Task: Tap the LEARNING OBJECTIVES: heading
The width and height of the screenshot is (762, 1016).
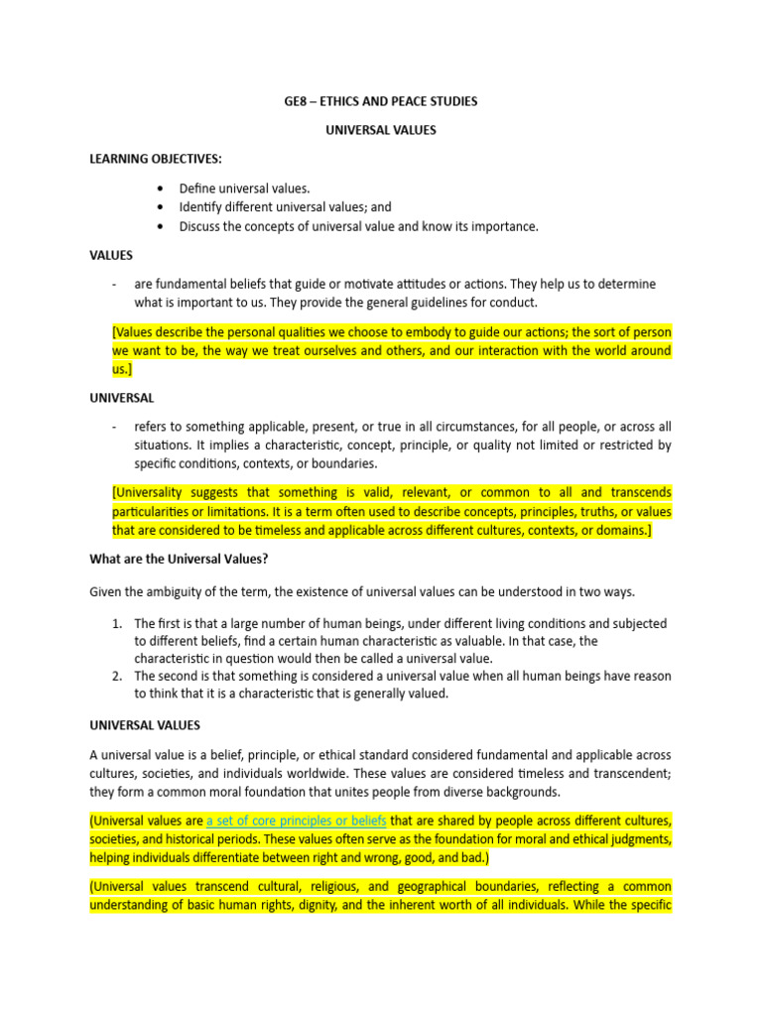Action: click(157, 159)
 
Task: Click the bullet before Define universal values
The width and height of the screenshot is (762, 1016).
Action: click(161, 188)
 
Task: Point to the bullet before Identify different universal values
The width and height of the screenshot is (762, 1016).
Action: click(161, 207)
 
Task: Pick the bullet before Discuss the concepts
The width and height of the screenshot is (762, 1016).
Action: click(161, 226)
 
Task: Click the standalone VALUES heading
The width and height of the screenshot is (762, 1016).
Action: click(111, 255)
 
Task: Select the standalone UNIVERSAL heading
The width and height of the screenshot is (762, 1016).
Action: click(122, 398)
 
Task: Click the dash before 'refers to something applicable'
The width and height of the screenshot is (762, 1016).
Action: click(115, 427)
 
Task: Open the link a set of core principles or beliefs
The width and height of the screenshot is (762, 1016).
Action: click(297, 821)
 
